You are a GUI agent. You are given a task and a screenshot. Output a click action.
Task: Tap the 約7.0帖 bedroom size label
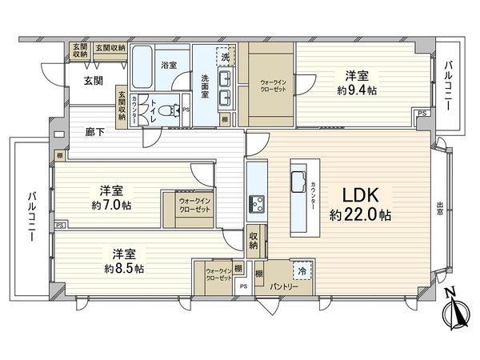[x=116, y=205]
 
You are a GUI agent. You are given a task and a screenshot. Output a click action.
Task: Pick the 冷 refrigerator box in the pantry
[x=302, y=270]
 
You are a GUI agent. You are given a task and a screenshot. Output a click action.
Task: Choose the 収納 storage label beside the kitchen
[x=254, y=240]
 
